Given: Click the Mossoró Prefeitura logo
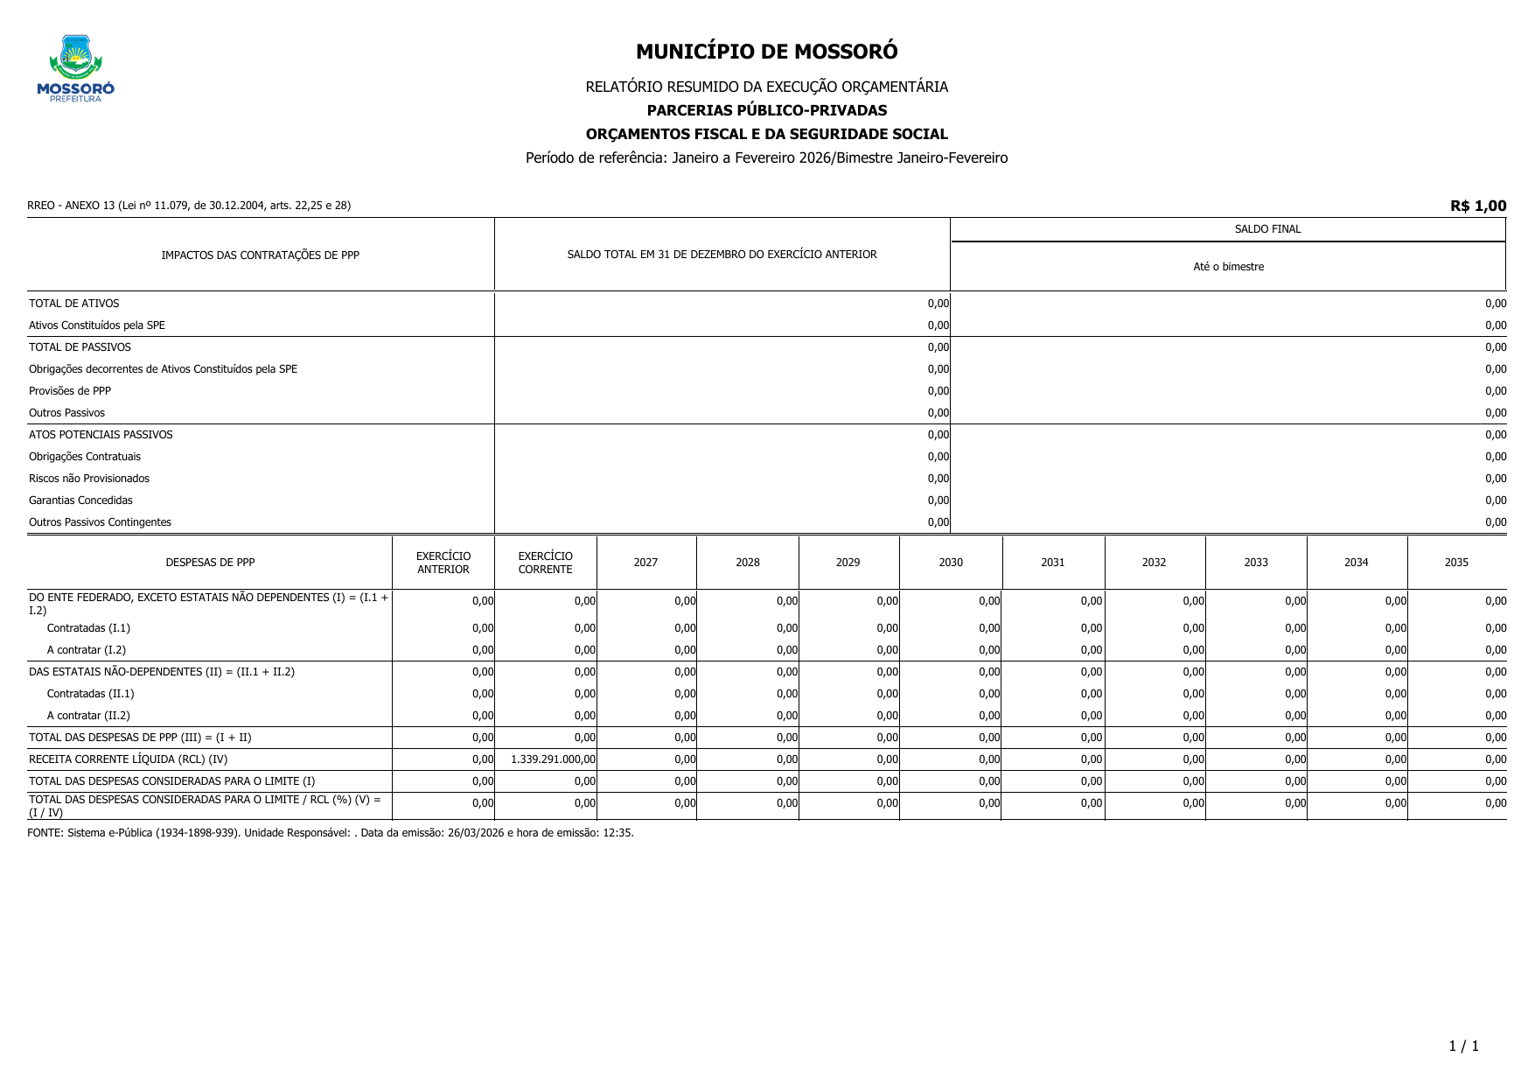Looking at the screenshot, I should point(75,68).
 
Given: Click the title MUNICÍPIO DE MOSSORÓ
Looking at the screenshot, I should point(766,52).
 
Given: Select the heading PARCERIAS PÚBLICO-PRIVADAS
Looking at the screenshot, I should point(766,110).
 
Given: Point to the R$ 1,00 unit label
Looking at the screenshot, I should point(1477,206).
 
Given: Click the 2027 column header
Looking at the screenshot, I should point(645,563).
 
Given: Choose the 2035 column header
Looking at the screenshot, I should point(1456,563).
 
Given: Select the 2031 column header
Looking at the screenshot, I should point(1052,563).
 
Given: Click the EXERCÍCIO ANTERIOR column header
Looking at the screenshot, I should point(443,563).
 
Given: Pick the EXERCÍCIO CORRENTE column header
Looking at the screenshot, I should point(545,563).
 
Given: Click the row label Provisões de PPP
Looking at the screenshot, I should point(70,391).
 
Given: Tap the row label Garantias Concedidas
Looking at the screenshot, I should point(80,500).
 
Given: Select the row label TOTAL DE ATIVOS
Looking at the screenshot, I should point(73,304).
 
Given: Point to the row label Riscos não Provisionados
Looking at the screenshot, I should point(89,479).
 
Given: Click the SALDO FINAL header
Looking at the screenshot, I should point(1267,229).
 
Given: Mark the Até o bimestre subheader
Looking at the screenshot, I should point(1228,267).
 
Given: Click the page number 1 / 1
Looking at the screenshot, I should point(1463,1046).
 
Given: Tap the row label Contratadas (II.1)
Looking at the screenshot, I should point(90,694).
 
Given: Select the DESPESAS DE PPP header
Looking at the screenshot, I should point(210,563).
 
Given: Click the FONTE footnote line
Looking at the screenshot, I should point(330,833).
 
